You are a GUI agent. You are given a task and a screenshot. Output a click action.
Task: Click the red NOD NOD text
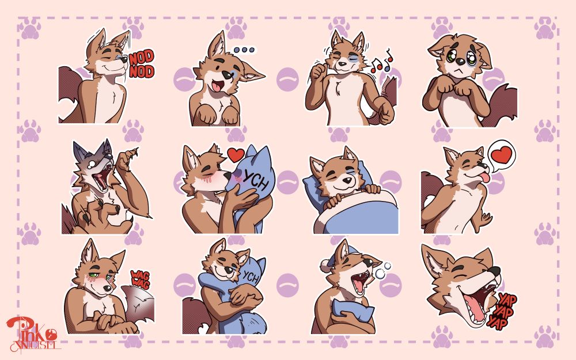click(x=141, y=65)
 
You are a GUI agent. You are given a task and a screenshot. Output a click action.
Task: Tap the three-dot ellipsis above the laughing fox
click(x=244, y=50)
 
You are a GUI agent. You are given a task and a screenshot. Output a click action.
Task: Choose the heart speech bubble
click(x=500, y=155)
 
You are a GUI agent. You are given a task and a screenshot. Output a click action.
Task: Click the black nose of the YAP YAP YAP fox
click(x=495, y=271)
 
